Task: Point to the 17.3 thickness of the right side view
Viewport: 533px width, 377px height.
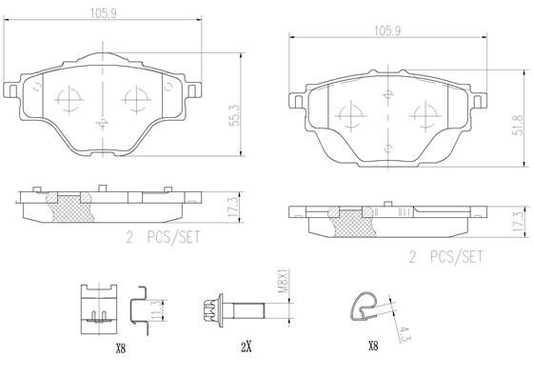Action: [516, 222]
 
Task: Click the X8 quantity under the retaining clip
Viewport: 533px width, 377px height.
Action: [120, 349]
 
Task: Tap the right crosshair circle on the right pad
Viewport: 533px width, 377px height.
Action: [424, 119]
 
